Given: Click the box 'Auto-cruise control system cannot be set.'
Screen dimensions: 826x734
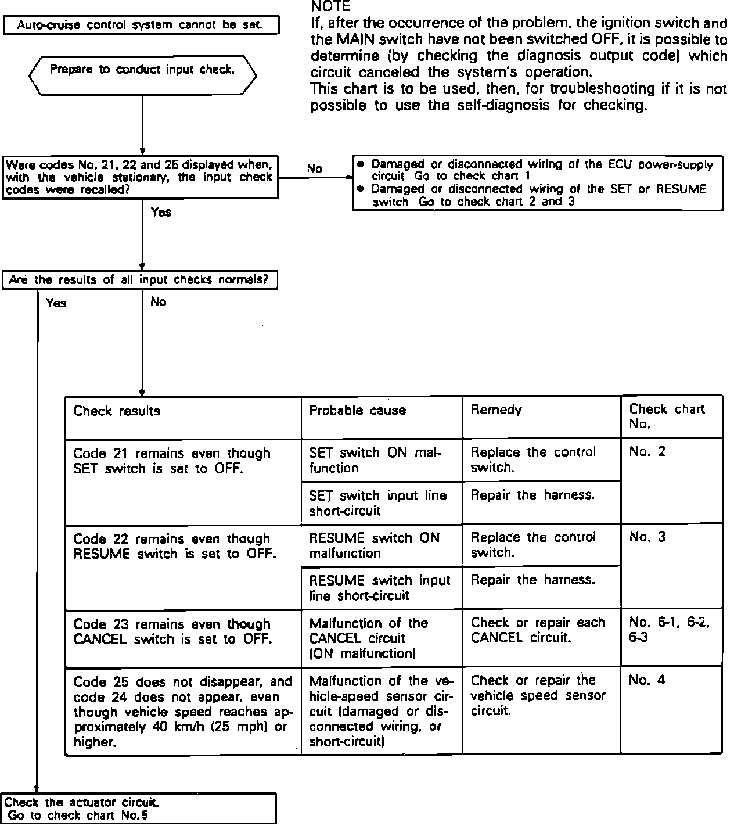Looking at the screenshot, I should click(141, 26).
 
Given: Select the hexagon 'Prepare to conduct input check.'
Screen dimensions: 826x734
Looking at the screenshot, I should click(142, 75).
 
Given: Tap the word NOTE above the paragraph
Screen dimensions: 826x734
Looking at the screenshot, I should click(330, 7).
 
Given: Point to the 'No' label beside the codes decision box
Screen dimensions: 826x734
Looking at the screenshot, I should click(314, 168).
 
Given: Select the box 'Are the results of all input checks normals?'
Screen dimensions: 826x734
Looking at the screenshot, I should click(140, 280).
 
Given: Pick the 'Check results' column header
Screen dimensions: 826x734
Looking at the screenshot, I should click(117, 411).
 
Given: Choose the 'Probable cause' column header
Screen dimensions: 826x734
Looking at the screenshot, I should click(357, 411).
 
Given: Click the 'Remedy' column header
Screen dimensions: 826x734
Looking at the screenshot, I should click(496, 410).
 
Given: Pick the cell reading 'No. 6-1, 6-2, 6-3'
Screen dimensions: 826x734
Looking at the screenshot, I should click(669, 630).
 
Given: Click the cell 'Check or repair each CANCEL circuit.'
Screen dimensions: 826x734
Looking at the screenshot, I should click(538, 630).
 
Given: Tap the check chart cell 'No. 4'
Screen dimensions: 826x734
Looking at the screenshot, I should click(646, 680).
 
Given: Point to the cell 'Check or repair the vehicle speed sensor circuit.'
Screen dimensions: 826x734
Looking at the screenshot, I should click(538, 695).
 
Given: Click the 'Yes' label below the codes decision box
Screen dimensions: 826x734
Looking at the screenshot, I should click(161, 212).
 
